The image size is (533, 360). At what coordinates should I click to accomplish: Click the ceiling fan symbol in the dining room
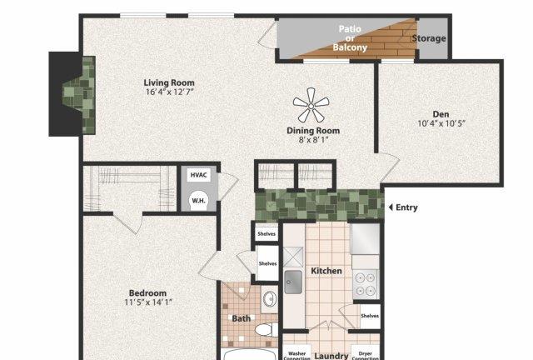[311, 106]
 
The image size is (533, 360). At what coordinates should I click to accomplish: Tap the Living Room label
[169, 82]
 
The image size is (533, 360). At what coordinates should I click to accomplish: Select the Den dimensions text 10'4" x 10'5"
[441, 123]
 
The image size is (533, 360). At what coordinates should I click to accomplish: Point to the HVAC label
[198, 175]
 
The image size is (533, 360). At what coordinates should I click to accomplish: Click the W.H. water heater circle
[198, 201]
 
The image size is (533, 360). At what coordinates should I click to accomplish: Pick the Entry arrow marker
[391, 207]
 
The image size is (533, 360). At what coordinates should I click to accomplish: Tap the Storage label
[429, 38]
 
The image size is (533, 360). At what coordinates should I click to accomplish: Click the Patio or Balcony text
[350, 38]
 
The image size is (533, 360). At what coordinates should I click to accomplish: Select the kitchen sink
[293, 282]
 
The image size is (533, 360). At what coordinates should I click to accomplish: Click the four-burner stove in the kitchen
[366, 284]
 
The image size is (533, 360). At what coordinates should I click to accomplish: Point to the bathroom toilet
[266, 329]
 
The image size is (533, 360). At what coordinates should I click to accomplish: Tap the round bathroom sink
[270, 299]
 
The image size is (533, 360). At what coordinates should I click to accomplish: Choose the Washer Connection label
[296, 356]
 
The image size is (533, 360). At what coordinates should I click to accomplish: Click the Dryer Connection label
[365, 356]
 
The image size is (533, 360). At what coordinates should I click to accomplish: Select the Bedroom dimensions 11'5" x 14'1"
[148, 302]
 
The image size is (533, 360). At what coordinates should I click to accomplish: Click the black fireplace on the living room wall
[66, 94]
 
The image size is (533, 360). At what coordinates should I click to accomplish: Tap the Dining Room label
[313, 131]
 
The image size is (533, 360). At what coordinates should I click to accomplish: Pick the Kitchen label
[326, 271]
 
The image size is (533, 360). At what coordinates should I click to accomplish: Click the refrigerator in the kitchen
[365, 238]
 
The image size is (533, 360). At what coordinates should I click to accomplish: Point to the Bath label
[241, 318]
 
